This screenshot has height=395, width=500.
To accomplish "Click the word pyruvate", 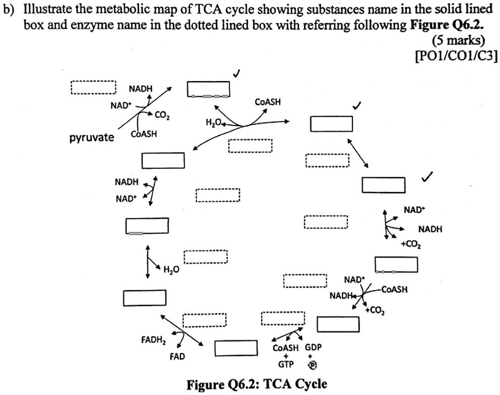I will [x=91, y=138].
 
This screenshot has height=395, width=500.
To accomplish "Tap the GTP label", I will [x=285, y=365].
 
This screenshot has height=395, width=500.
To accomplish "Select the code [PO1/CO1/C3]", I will [x=456, y=57].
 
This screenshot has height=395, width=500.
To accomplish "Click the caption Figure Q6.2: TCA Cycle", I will [x=257, y=384].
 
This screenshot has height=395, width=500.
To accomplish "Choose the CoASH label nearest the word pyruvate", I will [x=144, y=134].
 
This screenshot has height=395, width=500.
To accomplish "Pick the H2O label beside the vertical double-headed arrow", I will [x=171, y=269].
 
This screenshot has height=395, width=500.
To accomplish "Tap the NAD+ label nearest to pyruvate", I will [x=121, y=106].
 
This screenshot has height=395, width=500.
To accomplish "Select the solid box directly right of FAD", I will [x=236, y=348].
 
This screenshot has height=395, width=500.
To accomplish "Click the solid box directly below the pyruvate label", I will [x=163, y=160].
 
